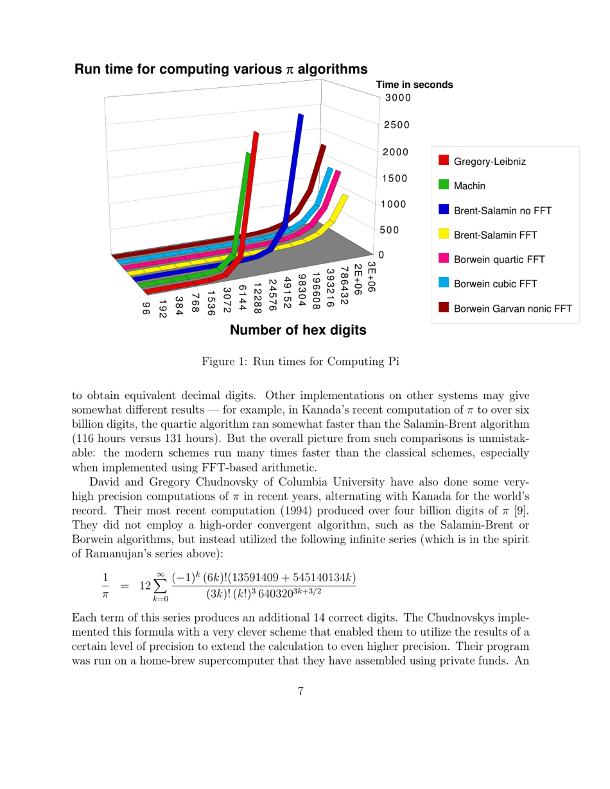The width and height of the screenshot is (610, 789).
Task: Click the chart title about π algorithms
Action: tap(222, 69)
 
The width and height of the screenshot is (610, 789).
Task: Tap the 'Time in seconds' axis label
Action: tap(414, 85)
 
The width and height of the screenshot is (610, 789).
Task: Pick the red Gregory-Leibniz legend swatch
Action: tap(443, 161)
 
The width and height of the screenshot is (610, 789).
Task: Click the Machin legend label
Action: tap(469, 186)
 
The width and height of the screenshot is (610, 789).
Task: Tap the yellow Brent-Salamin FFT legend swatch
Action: tap(443, 235)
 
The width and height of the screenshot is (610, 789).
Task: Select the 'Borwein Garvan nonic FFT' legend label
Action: tap(512, 309)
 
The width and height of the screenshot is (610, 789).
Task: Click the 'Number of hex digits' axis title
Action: tap(298, 330)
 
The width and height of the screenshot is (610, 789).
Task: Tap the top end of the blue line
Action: tap(300, 116)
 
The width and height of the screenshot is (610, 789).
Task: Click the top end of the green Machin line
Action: tap(248, 155)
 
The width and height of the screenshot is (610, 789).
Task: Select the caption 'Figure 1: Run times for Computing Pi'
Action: tap(301, 361)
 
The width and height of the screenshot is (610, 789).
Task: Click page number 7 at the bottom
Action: tap(301, 691)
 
